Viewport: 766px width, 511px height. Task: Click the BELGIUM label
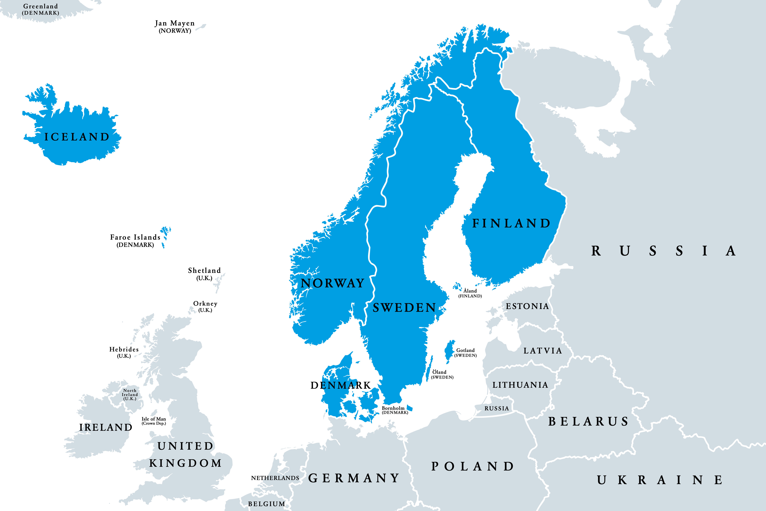pyautogui.click(x=266, y=504)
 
